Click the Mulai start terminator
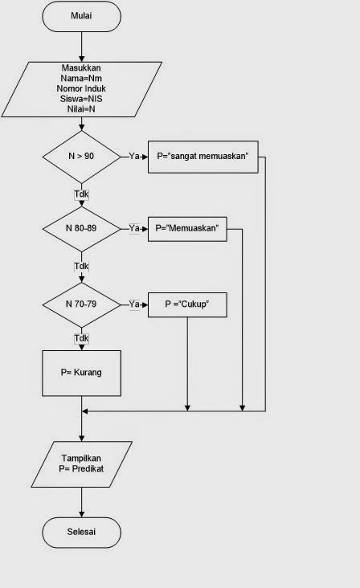(x=81, y=15)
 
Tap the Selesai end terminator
(x=81, y=532)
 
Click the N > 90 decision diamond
(x=81, y=156)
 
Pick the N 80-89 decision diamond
(x=81, y=228)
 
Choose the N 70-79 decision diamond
(x=81, y=304)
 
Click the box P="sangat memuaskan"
(x=202, y=157)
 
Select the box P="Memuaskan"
(x=187, y=229)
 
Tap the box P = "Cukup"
(x=187, y=304)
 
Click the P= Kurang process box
(x=81, y=374)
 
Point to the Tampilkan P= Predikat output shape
(x=81, y=463)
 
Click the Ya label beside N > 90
(x=135, y=157)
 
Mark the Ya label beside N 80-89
(x=135, y=229)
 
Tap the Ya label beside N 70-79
(x=135, y=304)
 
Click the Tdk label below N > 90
(x=81, y=194)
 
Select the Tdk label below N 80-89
(x=81, y=266)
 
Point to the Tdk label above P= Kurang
(x=81, y=338)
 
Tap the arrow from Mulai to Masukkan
(x=81, y=45)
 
